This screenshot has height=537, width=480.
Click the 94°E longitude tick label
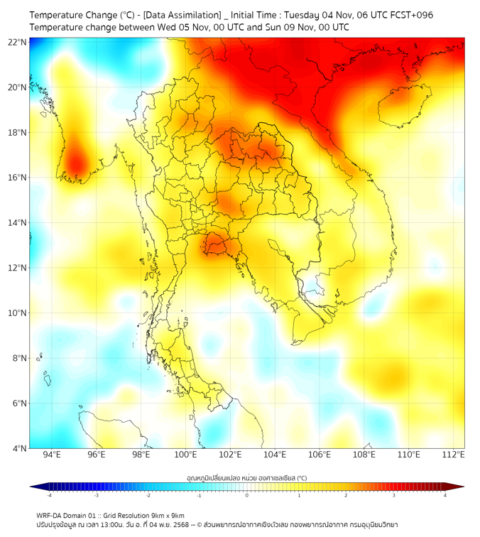click(52, 455)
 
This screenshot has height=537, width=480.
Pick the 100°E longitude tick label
click(186, 455)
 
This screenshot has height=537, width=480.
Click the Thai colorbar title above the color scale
click(246, 477)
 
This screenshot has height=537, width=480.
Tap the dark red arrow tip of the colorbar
click(459, 487)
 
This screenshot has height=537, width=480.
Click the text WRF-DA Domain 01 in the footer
click(68, 515)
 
